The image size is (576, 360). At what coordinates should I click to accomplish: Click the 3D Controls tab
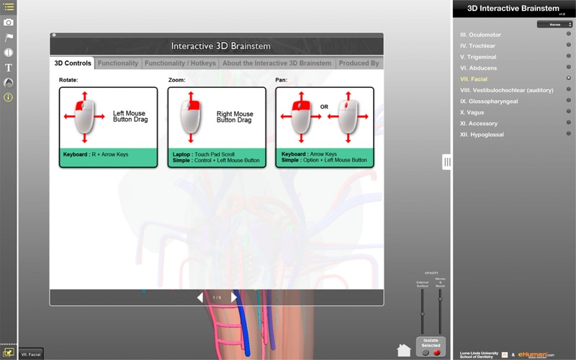click(x=73, y=63)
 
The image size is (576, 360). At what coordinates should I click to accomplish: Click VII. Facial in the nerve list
click(x=474, y=78)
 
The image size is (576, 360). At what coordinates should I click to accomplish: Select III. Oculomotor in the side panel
click(x=480, y=35)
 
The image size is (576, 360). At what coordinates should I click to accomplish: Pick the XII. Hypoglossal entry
click(x=482, y=135)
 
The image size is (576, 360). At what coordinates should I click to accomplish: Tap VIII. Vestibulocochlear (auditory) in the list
click(x=506, y=90)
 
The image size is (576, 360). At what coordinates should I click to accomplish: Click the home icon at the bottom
click(x=404, y=350)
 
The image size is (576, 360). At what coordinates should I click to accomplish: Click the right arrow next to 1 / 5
click(x=234, y=297)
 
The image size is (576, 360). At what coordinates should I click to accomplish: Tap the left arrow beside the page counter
click(x=200, y=297)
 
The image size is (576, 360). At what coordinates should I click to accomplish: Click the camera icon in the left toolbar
click(x=9, y=22)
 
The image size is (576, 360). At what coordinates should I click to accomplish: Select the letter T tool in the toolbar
click(x=9, y=68)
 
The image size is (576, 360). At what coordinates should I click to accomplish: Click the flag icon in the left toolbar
click(x=9, y=37)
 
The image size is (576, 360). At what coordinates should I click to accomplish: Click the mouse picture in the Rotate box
click(x=84, y=115)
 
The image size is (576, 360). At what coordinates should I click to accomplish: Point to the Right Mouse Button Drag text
click(x=234, y=117)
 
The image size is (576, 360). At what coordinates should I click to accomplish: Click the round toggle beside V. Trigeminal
click(x=569, y=56)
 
